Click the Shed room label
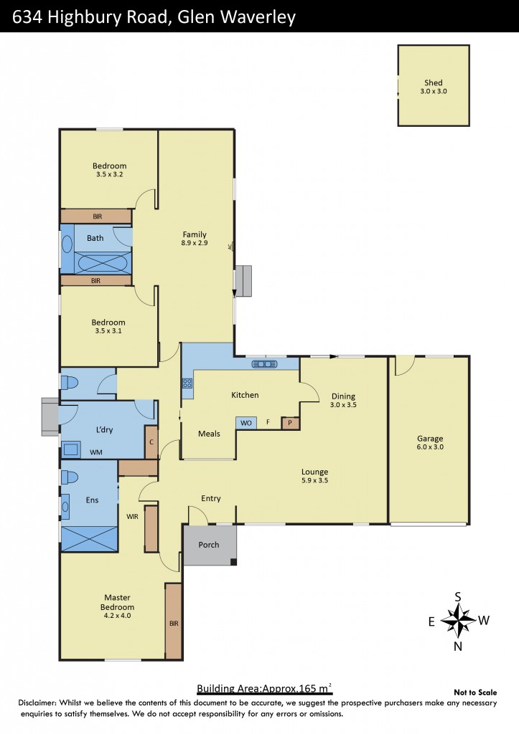[x=433, y=83]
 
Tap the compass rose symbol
[x=458, y=619]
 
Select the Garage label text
[x=430, y=439]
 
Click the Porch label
[x=209, y=545]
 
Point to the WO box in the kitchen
[x=246, y=423]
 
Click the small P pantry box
[x=290, y=423]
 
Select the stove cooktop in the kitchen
[x=188, y=383]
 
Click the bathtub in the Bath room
[x=103, y=264]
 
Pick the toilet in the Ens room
[x=70, y=477]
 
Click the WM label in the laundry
[x=95, y=452]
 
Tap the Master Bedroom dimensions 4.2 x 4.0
[x=118, y=615]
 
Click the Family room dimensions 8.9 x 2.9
[x=195, y=244]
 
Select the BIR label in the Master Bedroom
[x=173, y=624]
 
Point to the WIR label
[x=131, y=515]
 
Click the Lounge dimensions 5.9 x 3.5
[x=314, y=482]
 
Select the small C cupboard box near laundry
[x=151, y=443]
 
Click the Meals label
[x=209, y=434]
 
